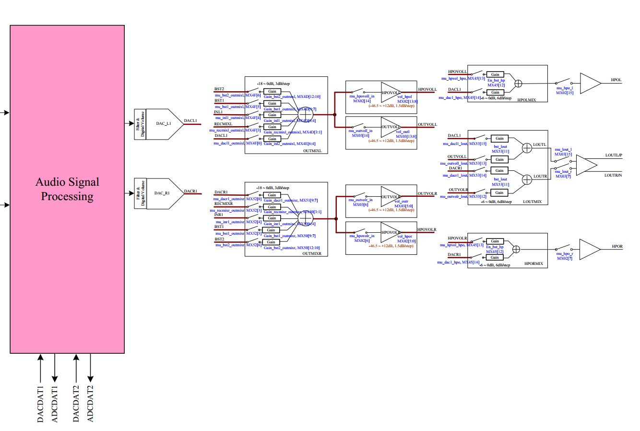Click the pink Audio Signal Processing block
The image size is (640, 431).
67,189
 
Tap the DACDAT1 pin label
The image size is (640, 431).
40,404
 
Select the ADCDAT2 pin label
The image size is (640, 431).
90,404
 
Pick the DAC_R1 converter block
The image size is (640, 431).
163,193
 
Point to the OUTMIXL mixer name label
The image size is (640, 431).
312,151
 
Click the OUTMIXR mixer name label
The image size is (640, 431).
312,253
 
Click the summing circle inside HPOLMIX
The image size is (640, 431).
518,84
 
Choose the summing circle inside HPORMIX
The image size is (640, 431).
516,249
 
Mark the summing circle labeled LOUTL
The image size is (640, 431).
527,148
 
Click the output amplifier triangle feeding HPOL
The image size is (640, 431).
590,83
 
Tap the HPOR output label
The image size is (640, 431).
617,247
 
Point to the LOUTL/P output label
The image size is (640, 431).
614,156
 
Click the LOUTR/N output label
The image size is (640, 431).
613,176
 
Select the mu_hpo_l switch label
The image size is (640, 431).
565,88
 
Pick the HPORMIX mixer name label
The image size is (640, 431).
533,264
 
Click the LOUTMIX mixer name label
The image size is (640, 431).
532,202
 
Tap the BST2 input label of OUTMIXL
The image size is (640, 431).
219,89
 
